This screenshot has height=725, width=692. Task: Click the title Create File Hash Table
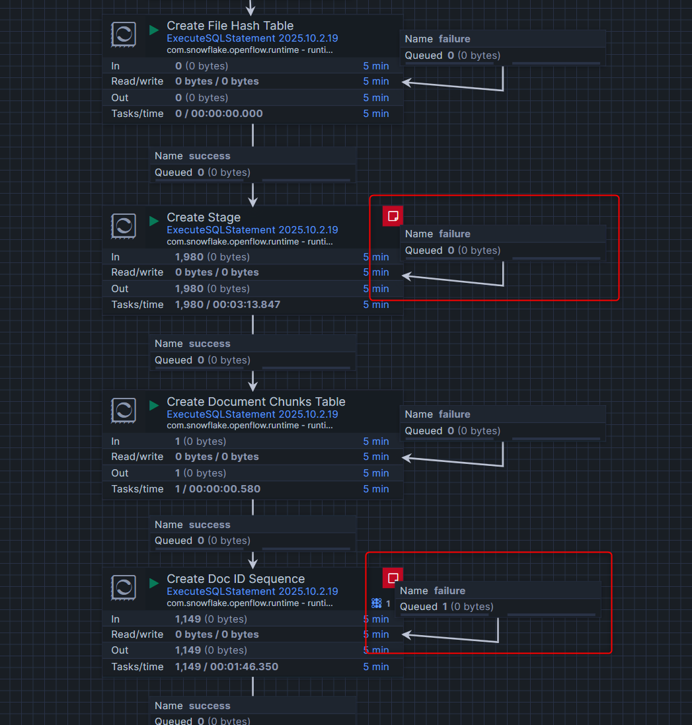[230, 26]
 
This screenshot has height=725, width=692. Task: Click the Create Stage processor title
[204, 217]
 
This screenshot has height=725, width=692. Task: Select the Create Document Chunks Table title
[256, 402]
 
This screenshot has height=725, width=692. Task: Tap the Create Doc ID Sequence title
[235, 579]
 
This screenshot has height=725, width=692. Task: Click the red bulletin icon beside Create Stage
[393, 216]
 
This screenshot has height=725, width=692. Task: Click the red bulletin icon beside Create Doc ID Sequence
[393, 578]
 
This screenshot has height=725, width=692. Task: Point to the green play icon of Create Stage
[154, 221]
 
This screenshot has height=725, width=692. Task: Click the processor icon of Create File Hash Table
[124, 34]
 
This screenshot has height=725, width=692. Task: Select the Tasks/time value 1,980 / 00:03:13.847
[227, 305]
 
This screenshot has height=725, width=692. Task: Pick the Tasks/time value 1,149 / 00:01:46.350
[227, 667]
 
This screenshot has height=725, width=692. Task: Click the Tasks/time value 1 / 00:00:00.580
[217, 489]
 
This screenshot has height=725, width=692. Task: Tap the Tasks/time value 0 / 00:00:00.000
[219, 114]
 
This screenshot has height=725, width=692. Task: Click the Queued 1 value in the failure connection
[445, 607]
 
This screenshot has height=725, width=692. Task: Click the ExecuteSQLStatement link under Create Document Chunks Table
[252, 414]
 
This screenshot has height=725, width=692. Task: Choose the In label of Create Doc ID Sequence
[116, 619]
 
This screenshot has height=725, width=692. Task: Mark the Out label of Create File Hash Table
[120, 98]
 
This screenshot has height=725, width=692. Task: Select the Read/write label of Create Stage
[137, 272]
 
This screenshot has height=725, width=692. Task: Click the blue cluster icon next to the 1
[377, 603]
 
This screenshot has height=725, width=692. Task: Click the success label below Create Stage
[210, 344]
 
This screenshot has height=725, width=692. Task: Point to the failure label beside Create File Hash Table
[454, 39]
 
